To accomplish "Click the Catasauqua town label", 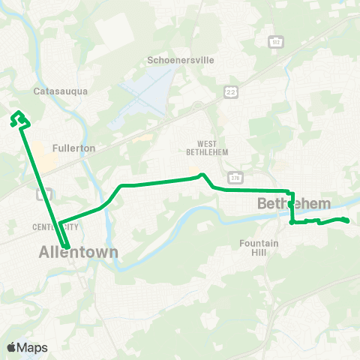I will (x=61, y=91).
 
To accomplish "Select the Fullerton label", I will (x=74, y=148).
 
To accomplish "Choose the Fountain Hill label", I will (x=259, y=247).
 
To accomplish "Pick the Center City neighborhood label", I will (x=56, y=226).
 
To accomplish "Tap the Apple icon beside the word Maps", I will (x=12, y=346).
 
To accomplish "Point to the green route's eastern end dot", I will (x=347, y=220).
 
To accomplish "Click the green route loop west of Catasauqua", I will (x=18, y=117).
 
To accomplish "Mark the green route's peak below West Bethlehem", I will (x=200, y=175).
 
